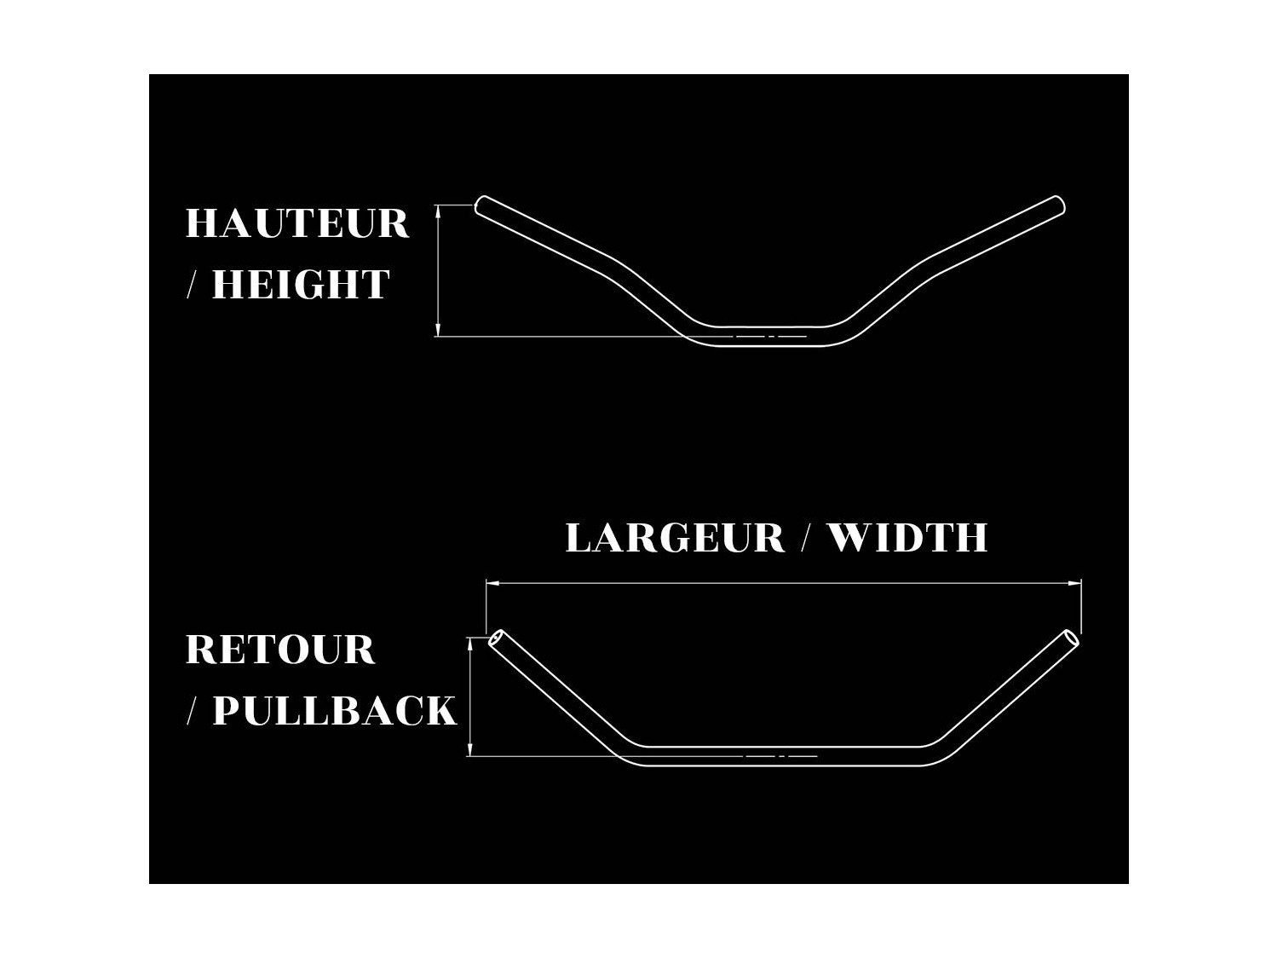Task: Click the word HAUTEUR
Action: click(297, 223)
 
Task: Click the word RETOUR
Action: click(280, 650)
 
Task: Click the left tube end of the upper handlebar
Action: click(481, 205)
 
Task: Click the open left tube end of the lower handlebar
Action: click(496, 638)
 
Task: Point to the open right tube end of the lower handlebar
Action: click(1072, 638)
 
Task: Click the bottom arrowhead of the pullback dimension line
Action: click(470, 749)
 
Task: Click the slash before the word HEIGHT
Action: click(192, 285)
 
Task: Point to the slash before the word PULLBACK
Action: click(192, 710)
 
